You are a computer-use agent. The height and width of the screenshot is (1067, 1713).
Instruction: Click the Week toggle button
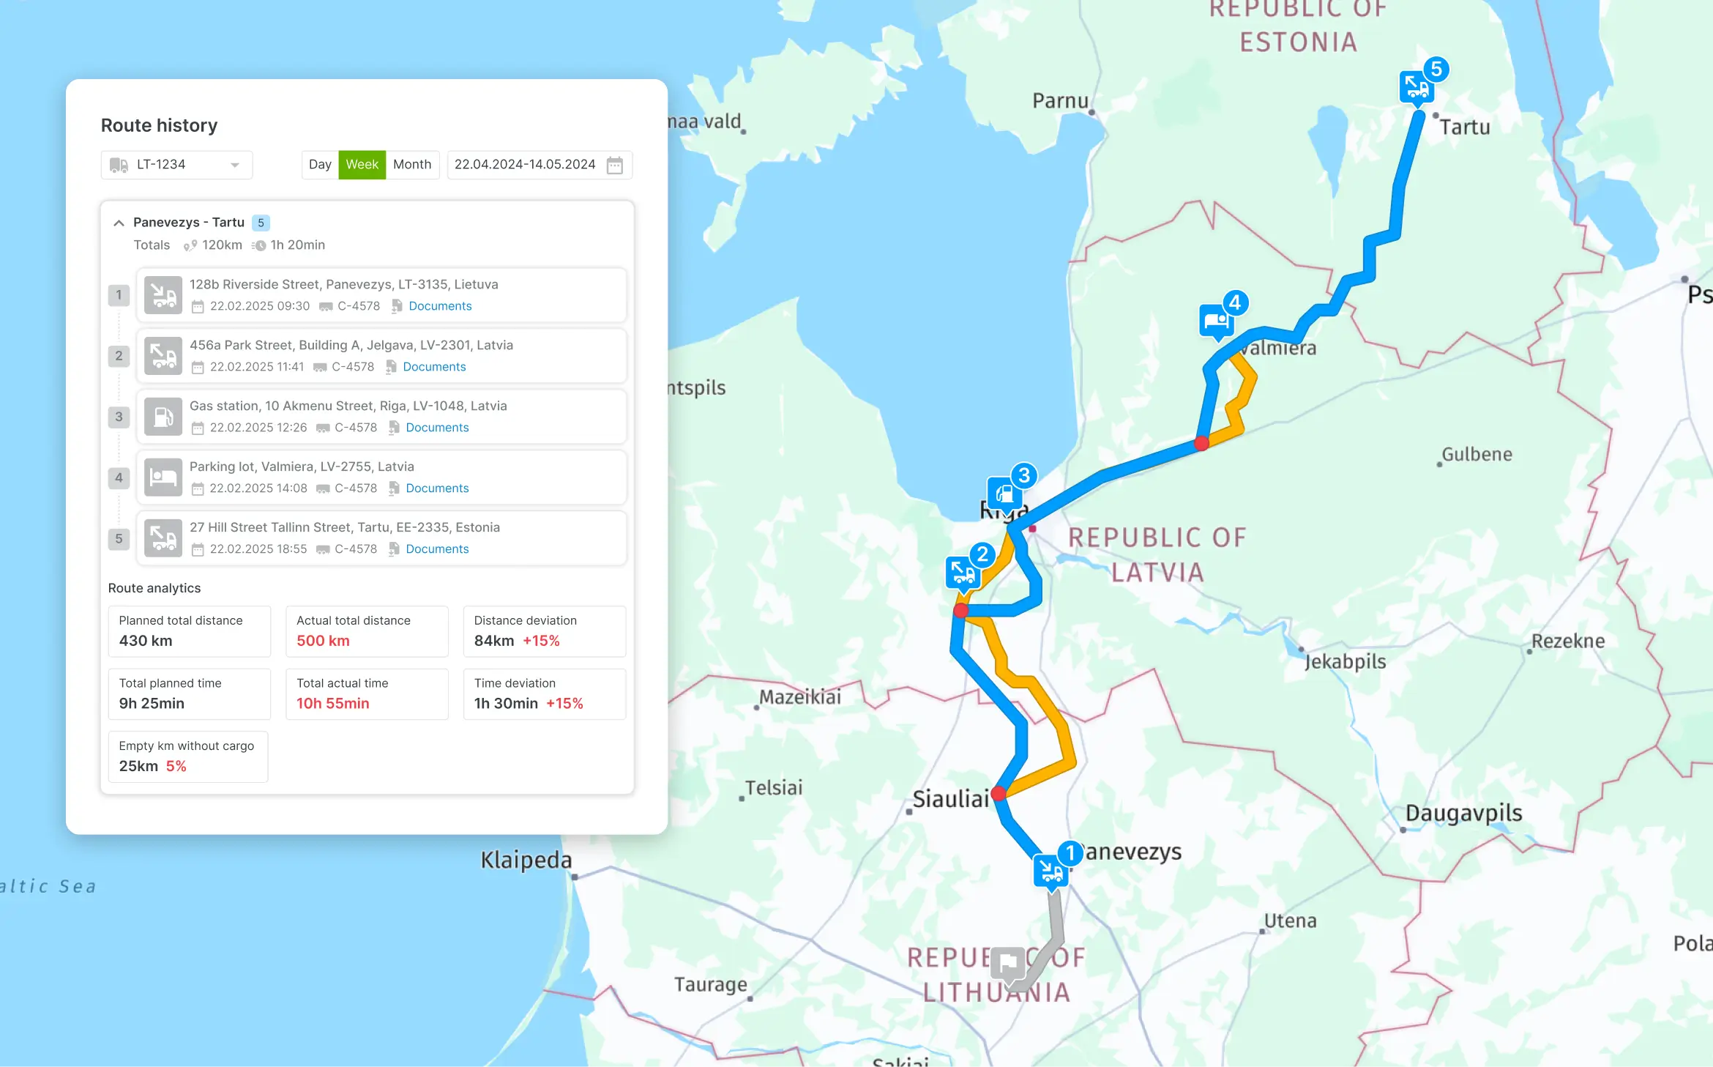tap(362, 165)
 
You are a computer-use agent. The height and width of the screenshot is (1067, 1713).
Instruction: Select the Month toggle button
tap(412, 165)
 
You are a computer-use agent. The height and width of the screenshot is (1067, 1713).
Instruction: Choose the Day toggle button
tap(320, 165)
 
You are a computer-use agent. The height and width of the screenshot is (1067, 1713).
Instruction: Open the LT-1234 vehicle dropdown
tap(176, 165)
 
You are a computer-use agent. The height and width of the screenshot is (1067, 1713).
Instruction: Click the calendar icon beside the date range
tap(615, 166)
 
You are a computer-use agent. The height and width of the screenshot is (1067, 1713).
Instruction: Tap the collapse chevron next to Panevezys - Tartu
tap(119, 223)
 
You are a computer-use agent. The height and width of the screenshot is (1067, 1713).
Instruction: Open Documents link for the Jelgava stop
tap(434, 367)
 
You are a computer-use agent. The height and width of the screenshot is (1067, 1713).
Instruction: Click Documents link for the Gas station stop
tap(437, 428)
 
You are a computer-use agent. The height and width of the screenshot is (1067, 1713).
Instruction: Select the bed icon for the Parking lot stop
tap(163, 477)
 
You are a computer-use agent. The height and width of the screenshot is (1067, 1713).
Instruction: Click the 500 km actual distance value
tap(323, 641)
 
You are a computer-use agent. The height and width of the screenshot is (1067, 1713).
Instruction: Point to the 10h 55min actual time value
tap(332, 704)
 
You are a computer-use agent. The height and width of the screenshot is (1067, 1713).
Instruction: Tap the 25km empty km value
tap(138, 767)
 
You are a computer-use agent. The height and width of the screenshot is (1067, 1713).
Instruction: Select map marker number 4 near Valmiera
tap(1217, 321)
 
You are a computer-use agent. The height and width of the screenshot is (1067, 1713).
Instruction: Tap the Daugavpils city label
tap(1463, 814)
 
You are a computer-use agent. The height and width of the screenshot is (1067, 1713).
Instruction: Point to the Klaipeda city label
tap(526, 860)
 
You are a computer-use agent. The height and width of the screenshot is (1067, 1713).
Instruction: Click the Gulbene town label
tap(1477, 455)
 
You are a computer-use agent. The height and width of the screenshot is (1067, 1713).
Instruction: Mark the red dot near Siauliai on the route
tap(999, 793)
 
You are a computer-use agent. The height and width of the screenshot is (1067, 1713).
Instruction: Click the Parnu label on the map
tap(1060, 101)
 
